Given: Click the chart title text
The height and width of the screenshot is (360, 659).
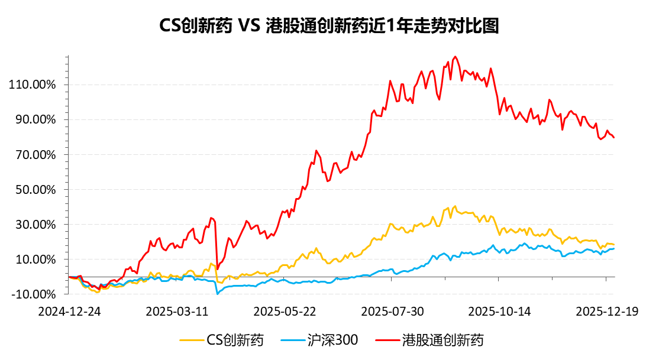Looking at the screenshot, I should (329, 27).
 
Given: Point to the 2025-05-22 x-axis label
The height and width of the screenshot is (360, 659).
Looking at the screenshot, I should (285, 312).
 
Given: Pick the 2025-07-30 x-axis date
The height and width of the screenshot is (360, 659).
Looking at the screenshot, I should (392, 312).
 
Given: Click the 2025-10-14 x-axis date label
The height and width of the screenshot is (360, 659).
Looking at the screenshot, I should (500, 312).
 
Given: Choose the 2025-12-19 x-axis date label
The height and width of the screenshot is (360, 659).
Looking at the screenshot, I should (607, 312).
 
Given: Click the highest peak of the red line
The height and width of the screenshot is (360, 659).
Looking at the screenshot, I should (455, 57).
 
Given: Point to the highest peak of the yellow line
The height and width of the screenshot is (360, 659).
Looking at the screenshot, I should (455, 206).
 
